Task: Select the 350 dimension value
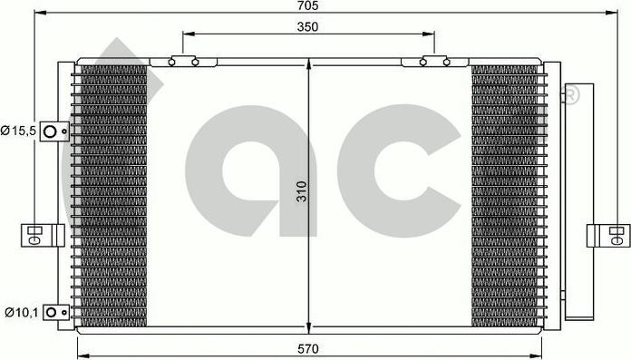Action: coord(307,27)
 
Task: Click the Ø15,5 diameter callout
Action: coord(17,131)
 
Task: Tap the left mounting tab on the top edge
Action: coord(184,63)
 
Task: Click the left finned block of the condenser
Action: coord(113,195)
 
